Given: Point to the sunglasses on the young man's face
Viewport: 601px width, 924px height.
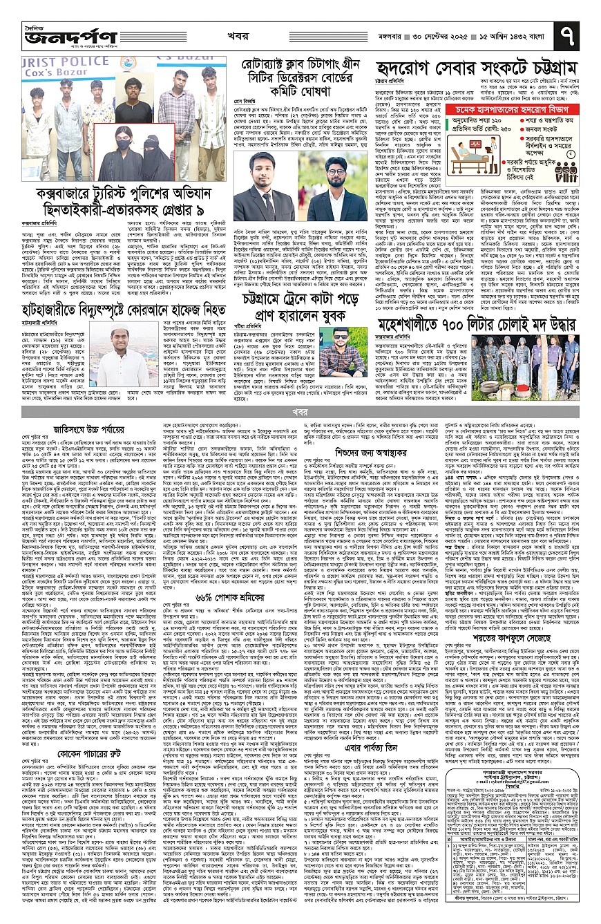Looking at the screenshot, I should click(336, 337).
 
